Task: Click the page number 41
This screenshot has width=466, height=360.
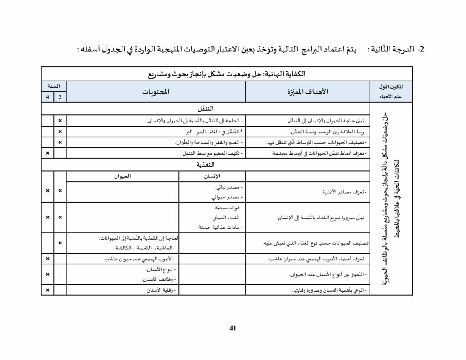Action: click(x=233, y=328)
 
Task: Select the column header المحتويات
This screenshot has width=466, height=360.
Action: click(x=156, y=92)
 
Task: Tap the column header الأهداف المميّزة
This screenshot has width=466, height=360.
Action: click(x=309, y=92)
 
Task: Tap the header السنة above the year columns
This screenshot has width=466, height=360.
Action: click(x=54, y=86)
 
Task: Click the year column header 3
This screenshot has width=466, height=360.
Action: click(x=60, y=97)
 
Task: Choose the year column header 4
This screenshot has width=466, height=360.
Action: click(x=47, y=97)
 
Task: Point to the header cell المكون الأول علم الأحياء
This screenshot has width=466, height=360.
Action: click(x=390, y=92)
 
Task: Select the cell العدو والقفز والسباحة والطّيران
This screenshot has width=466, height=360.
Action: click(x=208, y=142)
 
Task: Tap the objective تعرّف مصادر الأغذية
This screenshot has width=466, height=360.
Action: click(x=342, y=192)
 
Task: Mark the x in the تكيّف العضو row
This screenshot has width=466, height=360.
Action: click(x=47, y=153)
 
